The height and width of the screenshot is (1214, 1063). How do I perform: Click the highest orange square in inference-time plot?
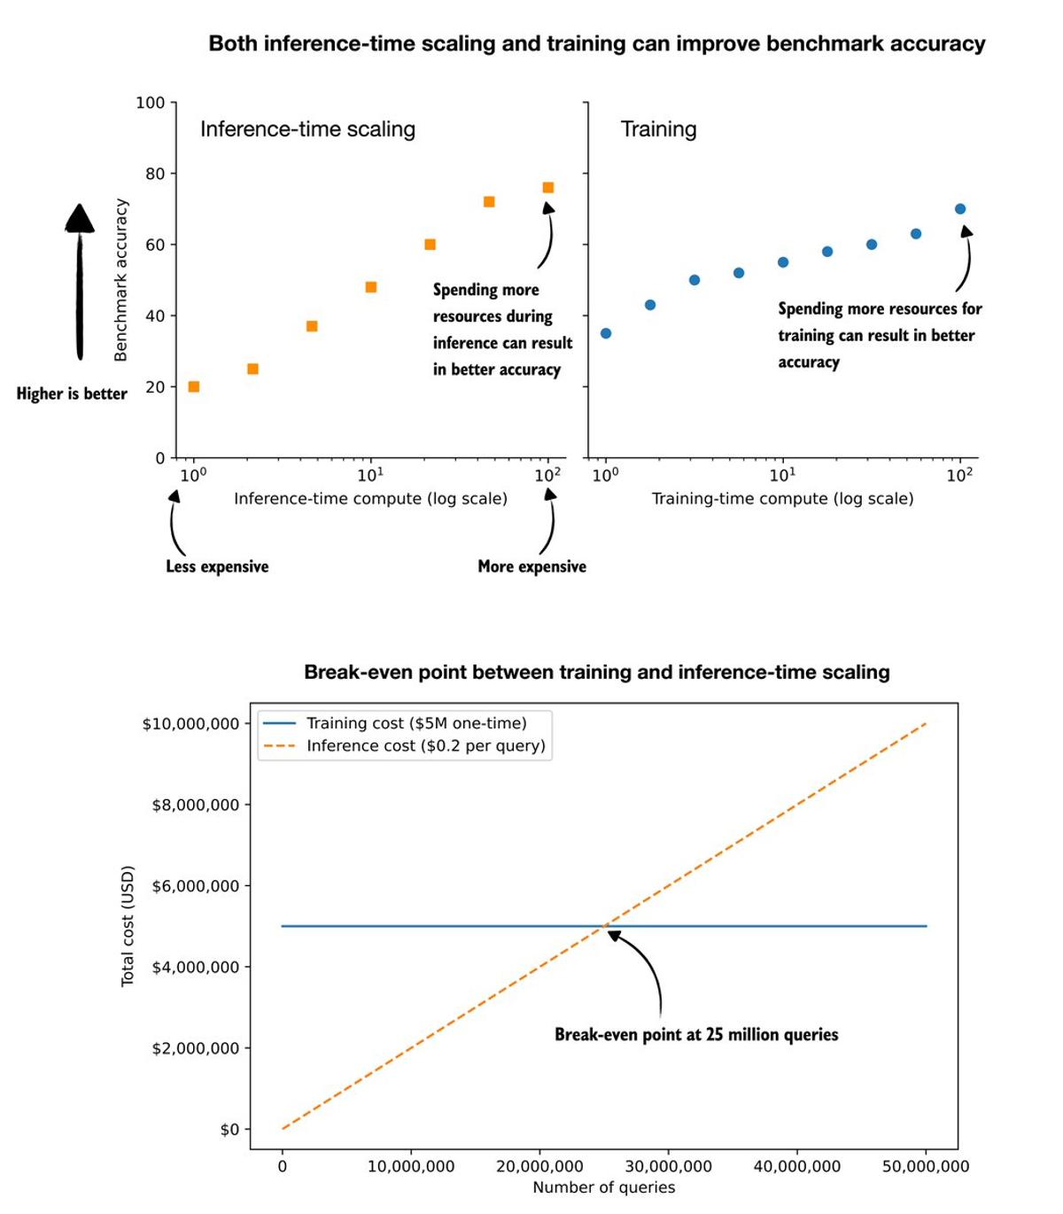(x=547, y=188)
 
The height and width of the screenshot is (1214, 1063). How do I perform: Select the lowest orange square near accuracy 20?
(x=194, y=386)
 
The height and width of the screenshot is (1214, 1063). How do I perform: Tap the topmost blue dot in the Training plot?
(x=960, y=209)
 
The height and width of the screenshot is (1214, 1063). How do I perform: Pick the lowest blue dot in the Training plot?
(x=606, y=333)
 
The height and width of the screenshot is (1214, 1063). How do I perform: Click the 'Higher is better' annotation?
(x=72, y=393)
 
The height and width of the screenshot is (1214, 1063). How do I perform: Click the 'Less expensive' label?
(x=217, y=566)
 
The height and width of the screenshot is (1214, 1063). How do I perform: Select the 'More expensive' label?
(x=531, y=566)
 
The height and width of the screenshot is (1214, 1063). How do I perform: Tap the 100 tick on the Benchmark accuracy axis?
(x=151, y=103)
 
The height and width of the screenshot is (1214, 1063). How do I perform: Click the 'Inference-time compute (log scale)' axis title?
(x=370, y=499)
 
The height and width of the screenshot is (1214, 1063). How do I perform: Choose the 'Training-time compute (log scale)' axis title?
(x=782, y=499)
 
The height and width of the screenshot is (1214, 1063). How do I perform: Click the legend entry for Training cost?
(x=416, y=723)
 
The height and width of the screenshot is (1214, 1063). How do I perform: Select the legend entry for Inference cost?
(x=425, y=746)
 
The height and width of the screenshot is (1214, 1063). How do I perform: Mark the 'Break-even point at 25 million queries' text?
(x=696, y=1034)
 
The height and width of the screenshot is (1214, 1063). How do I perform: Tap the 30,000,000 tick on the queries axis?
(x=668, y=1166)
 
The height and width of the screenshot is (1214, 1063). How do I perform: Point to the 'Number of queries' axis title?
(x=603, y=1187)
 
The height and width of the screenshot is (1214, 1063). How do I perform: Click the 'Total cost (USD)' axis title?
(x=128, y=925)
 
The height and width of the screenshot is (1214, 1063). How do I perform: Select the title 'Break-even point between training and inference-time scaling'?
(x=596, y=672)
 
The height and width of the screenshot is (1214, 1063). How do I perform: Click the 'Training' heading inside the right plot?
(x=658, y=129)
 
